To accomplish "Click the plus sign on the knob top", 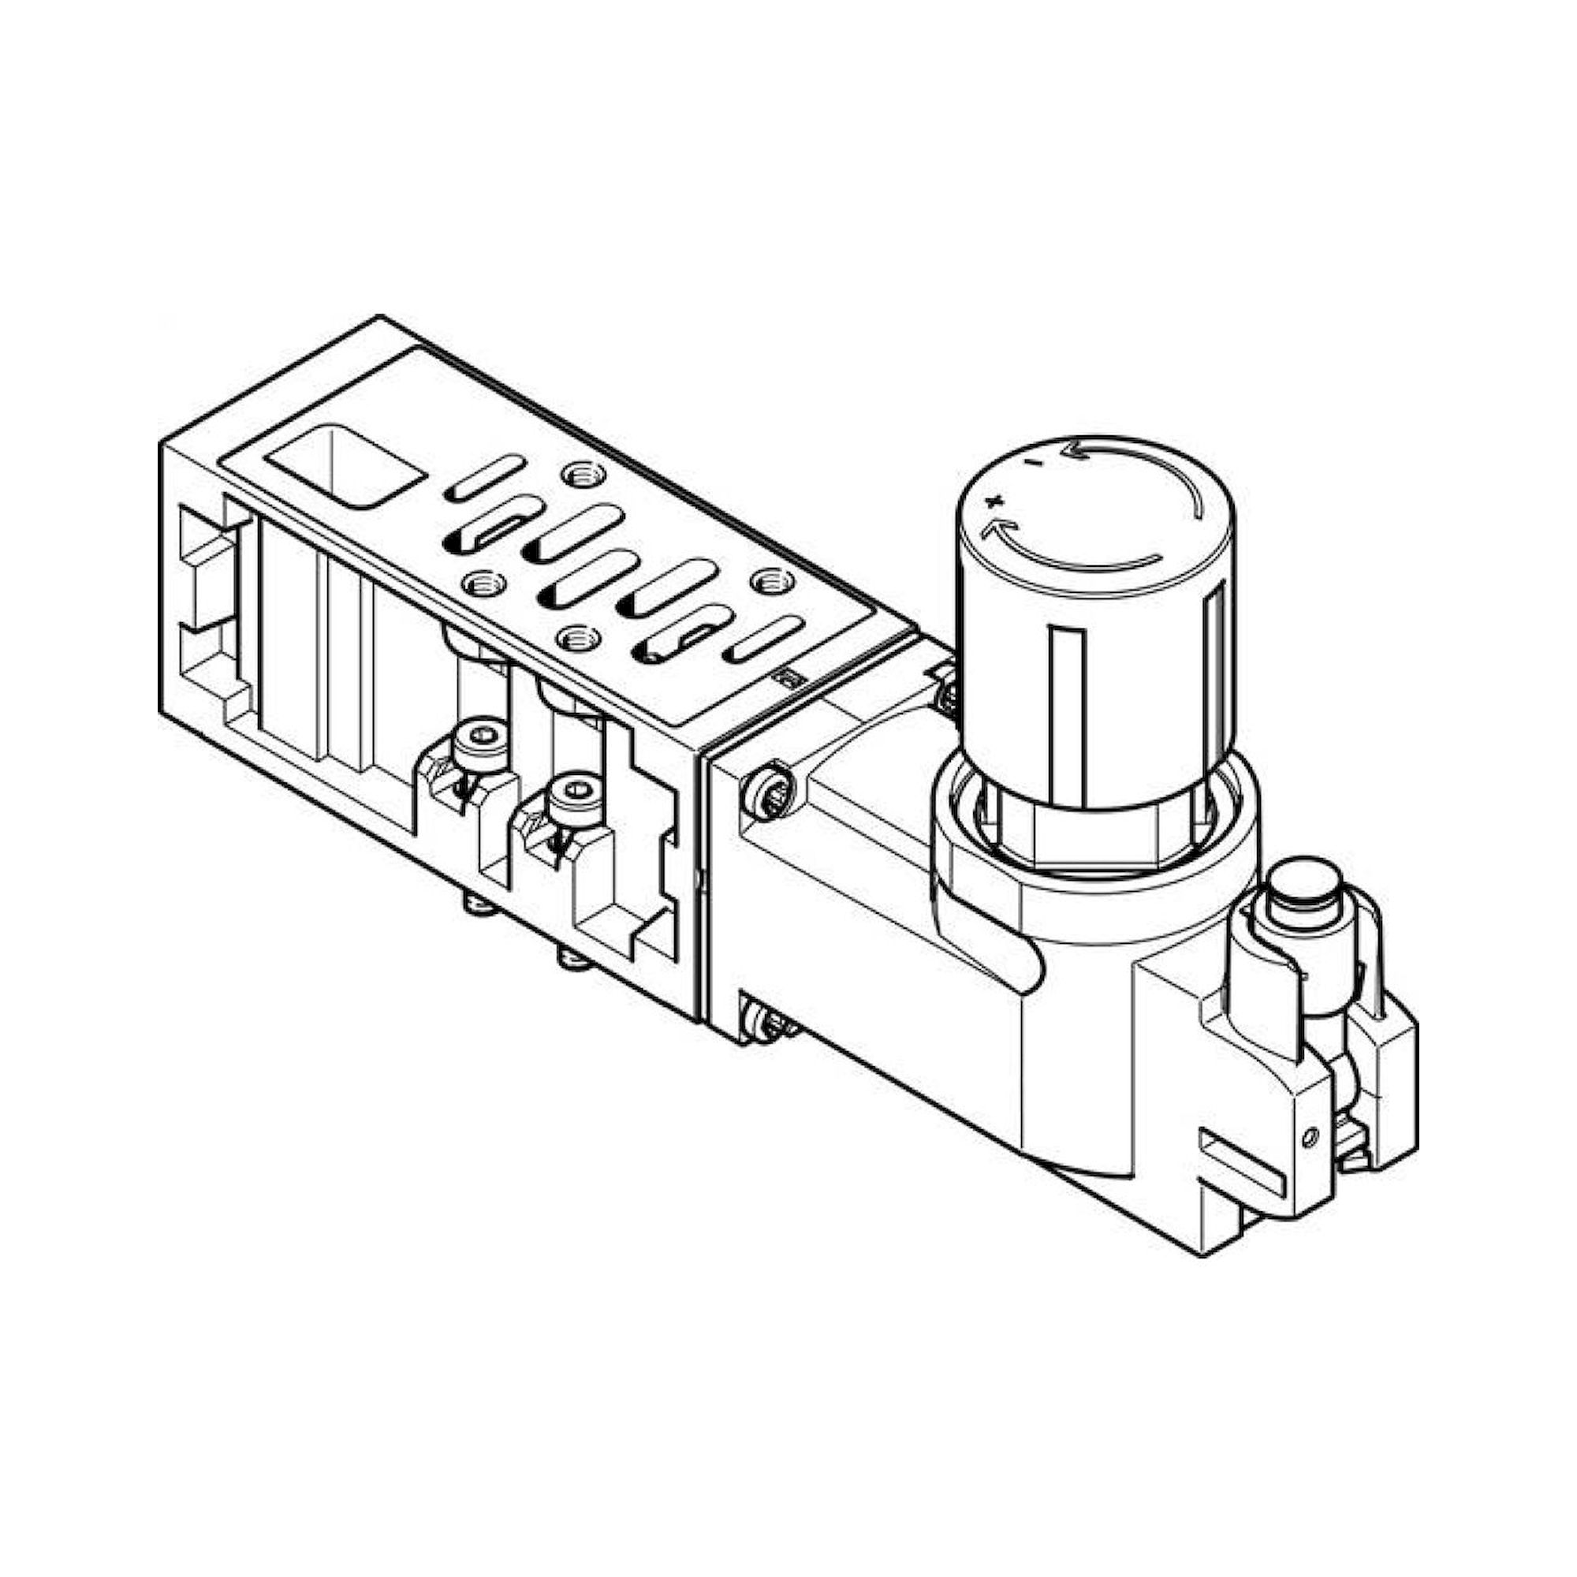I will [993, 499].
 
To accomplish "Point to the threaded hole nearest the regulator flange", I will [766, 580].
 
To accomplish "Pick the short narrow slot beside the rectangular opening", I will [486, 477].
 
